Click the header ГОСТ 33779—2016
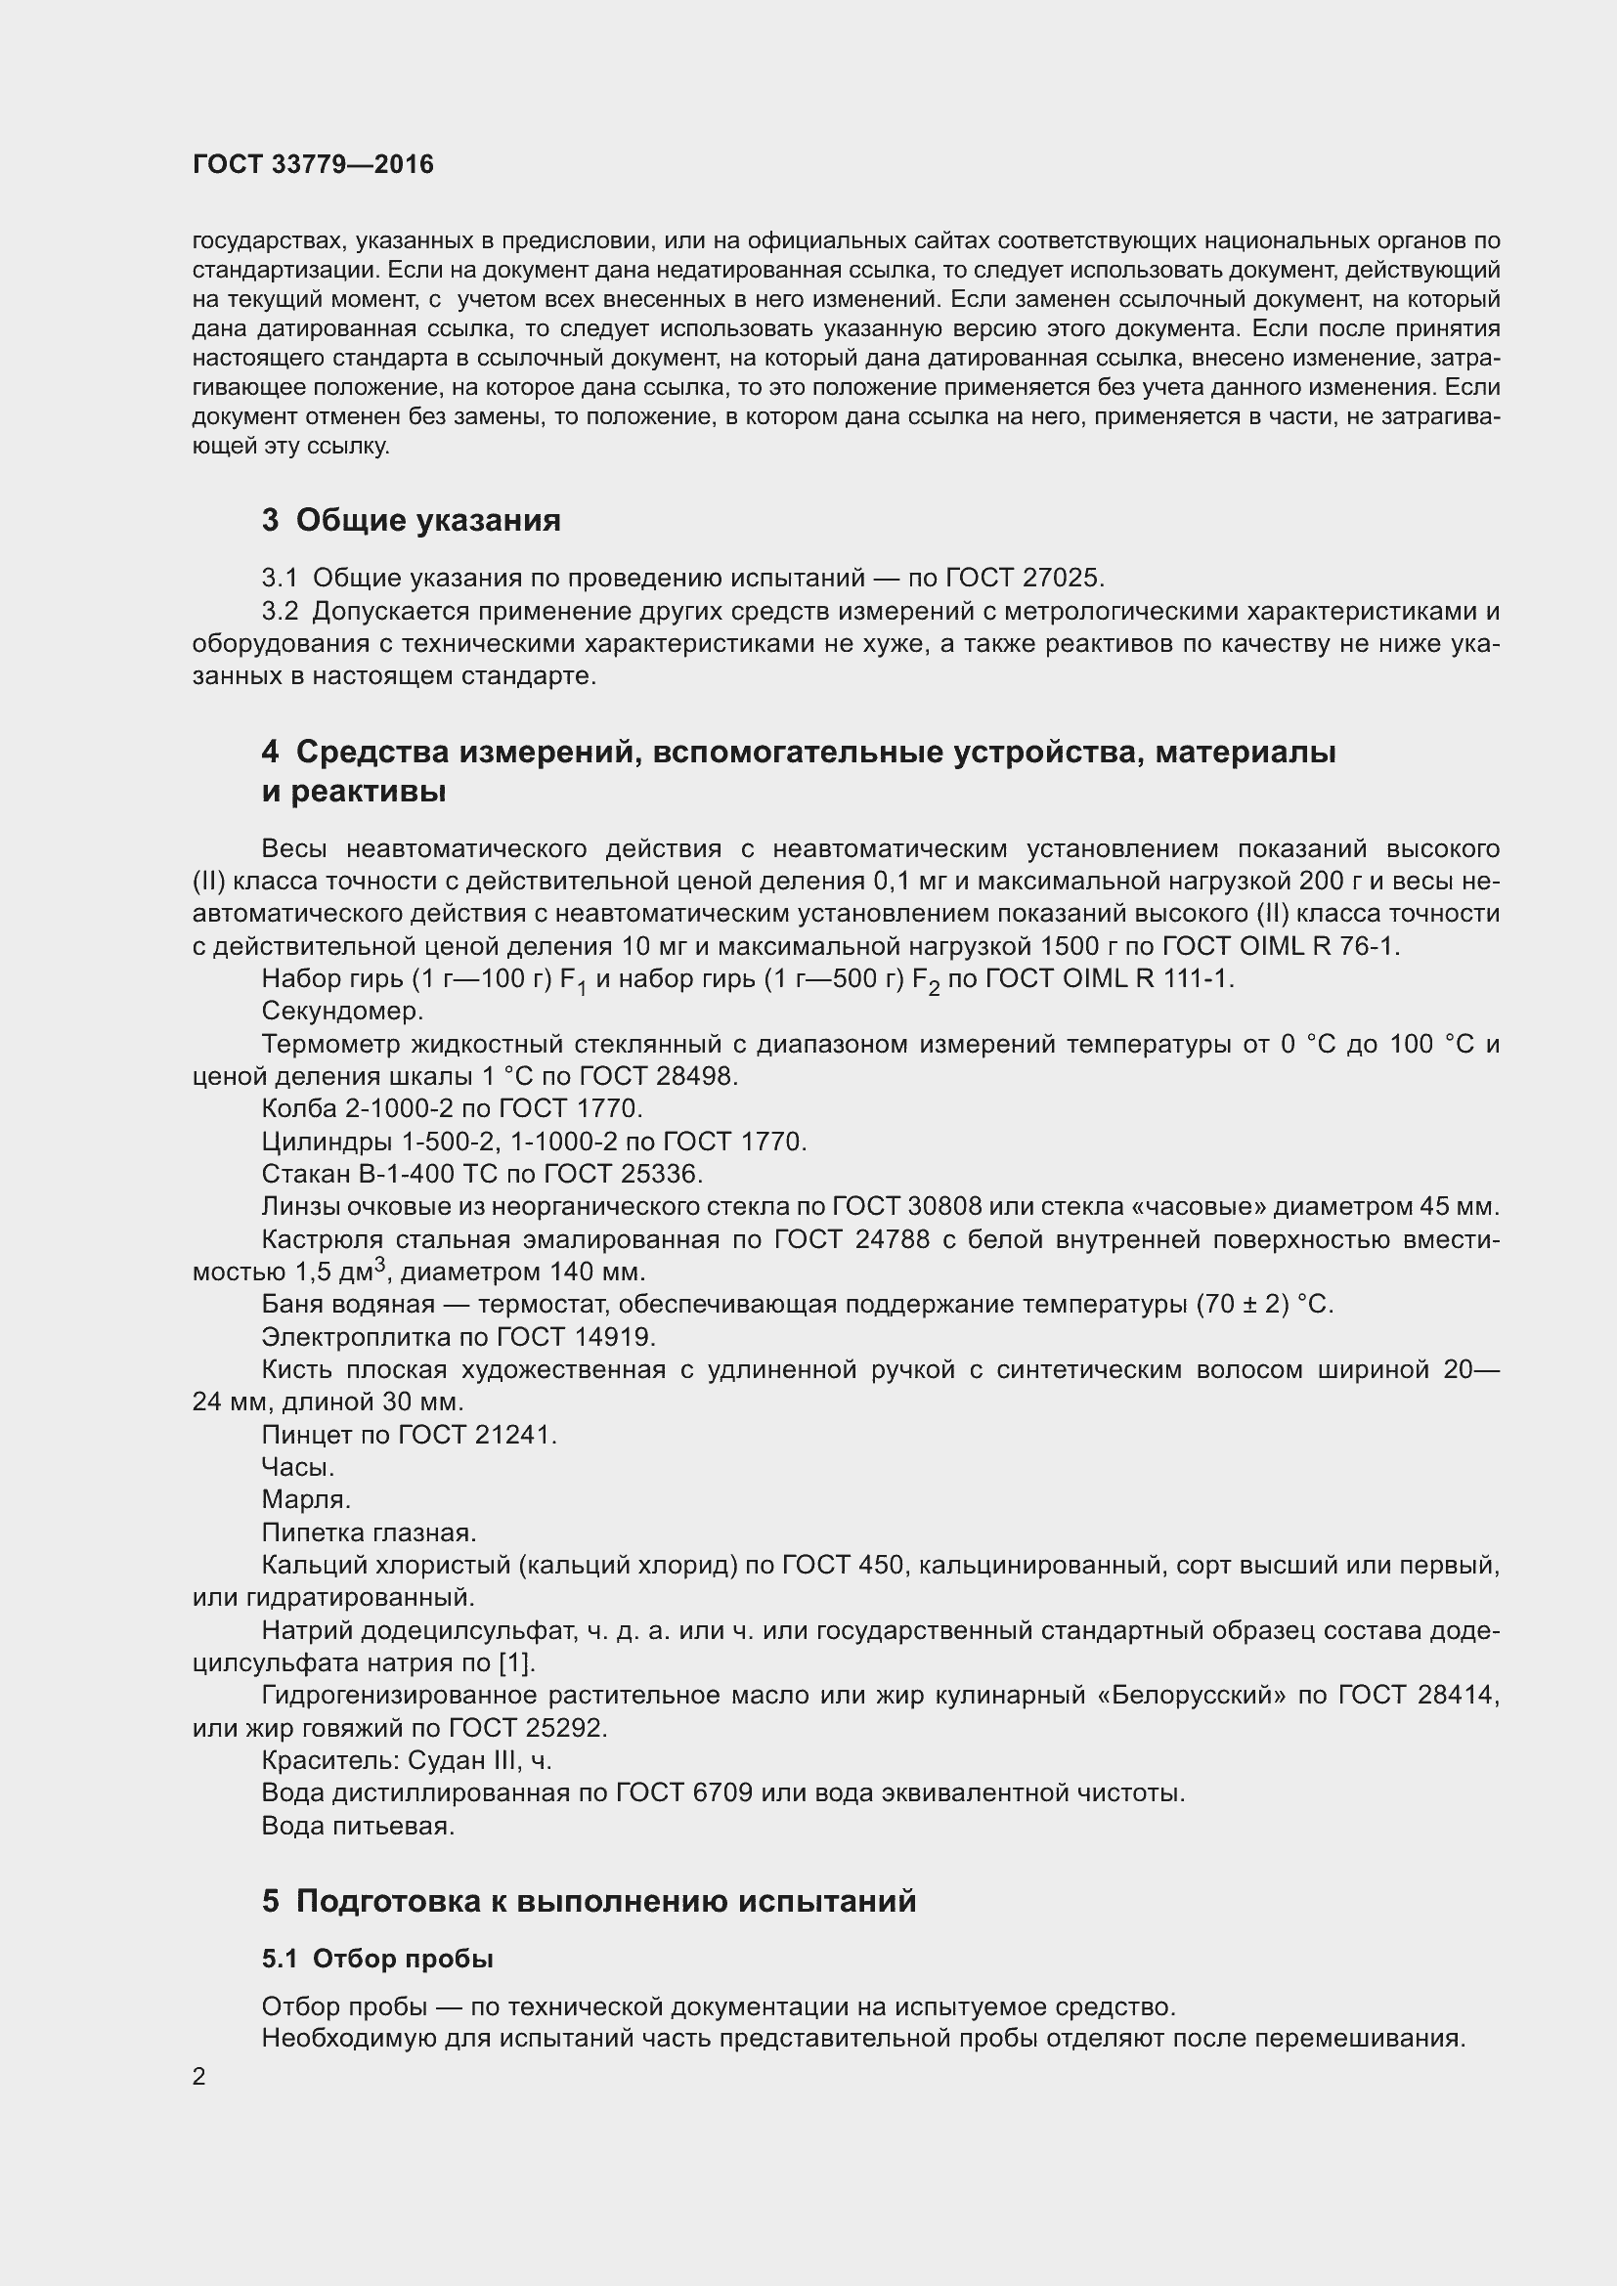(313, 164)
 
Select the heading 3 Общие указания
(412, 520)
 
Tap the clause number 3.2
(280, 611)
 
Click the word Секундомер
(342, 1012)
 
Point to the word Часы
(298, 1468)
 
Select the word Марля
(306, 1499)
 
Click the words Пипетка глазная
(369, 1532)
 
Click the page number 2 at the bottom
(199, 2077)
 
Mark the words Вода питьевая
(358, 1826)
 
